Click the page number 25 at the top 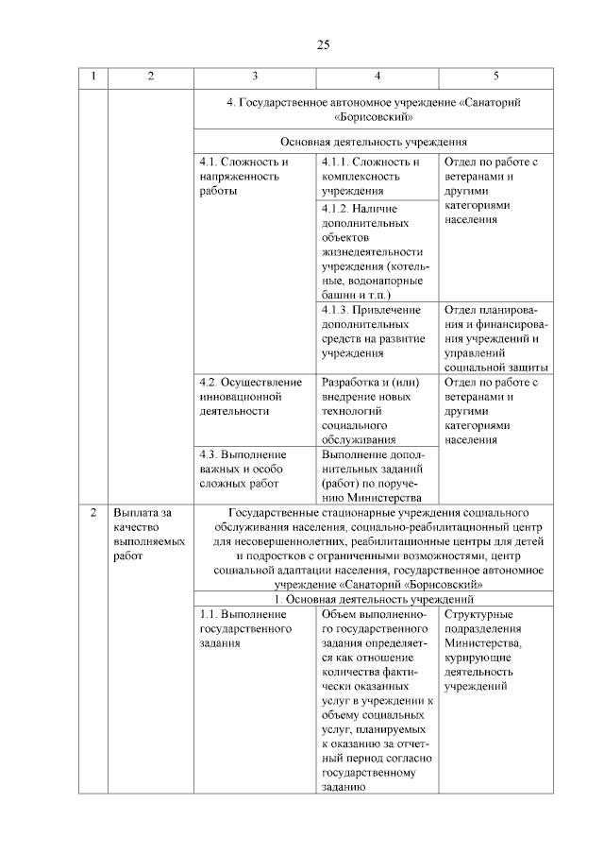click(323, 44)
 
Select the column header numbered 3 click(255, 77)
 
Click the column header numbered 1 click(92, 77)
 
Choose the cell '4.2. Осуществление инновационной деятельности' click(250, 396)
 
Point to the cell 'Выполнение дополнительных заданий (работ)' click(377, 475)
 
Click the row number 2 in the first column click(92, 513)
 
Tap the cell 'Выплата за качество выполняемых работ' click(143, 534)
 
